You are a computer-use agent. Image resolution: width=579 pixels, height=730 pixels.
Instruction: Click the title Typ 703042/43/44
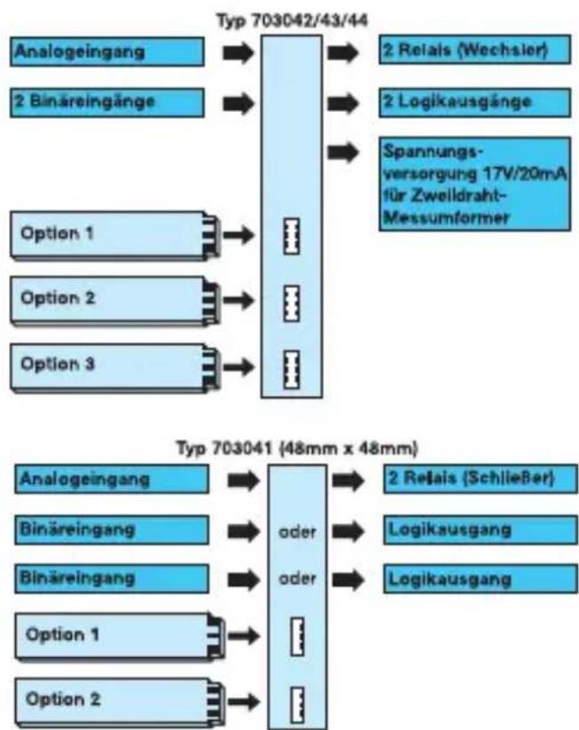click(293, 20)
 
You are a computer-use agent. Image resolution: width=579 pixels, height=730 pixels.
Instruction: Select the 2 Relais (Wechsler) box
click(474, 50)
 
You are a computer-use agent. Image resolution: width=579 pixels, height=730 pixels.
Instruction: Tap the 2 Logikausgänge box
click(474, 102)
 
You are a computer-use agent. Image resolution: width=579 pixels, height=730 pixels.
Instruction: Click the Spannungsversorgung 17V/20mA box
click(474, 184)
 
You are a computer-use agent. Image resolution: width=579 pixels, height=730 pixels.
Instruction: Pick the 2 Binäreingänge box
click(107, 102)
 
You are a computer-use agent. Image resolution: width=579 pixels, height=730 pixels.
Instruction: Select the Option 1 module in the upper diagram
click(115, 236)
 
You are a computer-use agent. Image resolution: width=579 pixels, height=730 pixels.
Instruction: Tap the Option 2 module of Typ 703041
click(120, 703)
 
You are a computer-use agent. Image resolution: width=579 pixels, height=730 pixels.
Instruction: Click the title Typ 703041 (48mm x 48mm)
click(297, 449)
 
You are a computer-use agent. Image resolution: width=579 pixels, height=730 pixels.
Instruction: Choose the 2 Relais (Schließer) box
click(481, 479)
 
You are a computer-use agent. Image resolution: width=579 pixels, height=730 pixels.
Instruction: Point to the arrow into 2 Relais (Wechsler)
click(342, 52)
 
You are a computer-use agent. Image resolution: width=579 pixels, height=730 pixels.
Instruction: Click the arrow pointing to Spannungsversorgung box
click(342, 153)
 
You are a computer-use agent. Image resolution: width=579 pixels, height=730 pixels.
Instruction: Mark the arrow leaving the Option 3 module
click(239, 366)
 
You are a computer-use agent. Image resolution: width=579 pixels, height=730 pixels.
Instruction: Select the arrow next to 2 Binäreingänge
click(239, 103)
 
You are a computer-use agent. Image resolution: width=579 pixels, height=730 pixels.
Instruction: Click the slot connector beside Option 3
click(292, 369)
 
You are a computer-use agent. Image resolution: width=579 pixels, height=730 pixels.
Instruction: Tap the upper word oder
click(297, 531)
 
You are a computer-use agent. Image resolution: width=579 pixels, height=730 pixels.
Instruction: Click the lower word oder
click(297, 578)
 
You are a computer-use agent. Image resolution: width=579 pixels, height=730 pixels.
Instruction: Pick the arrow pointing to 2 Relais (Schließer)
click(348, 481)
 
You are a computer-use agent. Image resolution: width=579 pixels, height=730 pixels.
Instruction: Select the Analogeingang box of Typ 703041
click(112, 479)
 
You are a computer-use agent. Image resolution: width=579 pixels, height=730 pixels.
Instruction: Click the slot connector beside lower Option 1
click(297, 637)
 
